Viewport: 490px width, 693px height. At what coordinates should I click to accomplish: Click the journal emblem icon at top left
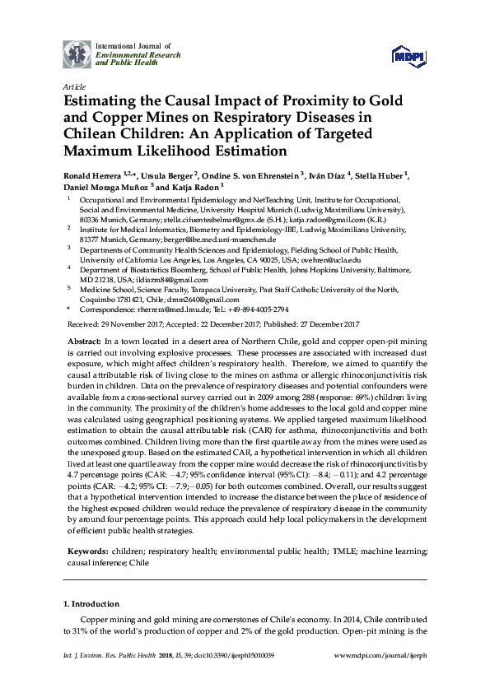coord(77,55)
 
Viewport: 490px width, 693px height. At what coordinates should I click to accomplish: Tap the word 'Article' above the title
coord(73,86)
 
